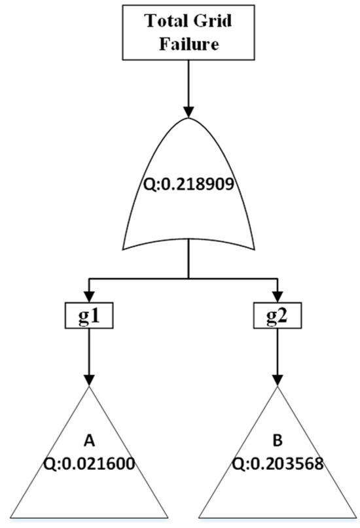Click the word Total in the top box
[x=167, y=21]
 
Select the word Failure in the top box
[x=189, y=44]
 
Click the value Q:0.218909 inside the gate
[x=189, y=185]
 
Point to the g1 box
[x=89, y=315]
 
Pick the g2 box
[x=278, y=315]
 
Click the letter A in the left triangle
[x=89, y=440]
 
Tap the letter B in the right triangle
[x=278, y=440]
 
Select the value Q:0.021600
[x=89, y=464]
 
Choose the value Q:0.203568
[x=278, y=464]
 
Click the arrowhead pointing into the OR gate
[x=189, y=112]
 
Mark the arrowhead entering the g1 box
[x=89, y=296]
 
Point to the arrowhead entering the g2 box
[x=278, y=296]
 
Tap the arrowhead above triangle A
[x=89, y=380]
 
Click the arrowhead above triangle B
[x=278, y=380]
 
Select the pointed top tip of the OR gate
[x=189, y=118]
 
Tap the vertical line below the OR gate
[x=189, y=258]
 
